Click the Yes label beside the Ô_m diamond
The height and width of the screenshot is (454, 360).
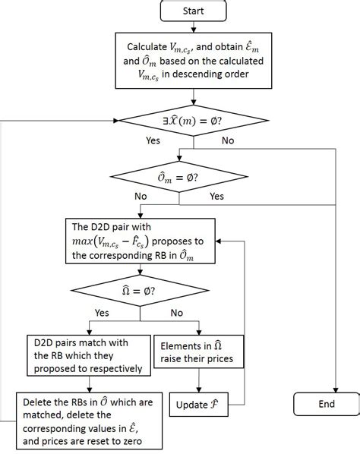pos(217,196)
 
